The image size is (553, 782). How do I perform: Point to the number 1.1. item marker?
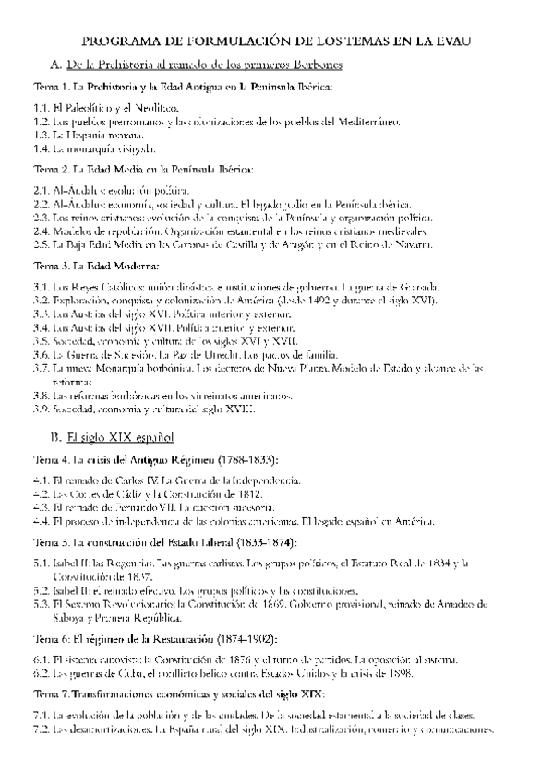[42, 108]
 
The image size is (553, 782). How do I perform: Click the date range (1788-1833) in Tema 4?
[249, 459]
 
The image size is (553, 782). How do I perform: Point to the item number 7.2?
[42, 729]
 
